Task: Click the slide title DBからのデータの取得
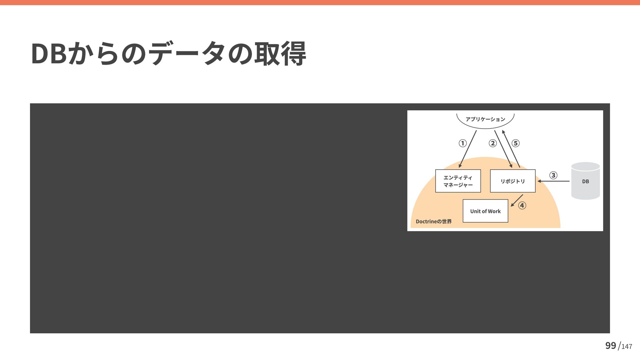[x=168, y=54]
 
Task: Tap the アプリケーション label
[x=485, y=119]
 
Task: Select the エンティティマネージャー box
[x=458, y=181]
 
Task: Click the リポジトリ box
[x=513, y=181]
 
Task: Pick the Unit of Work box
[x=485, y=211]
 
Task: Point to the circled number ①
[x=462, y=143]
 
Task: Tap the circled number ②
[x=492, y=143]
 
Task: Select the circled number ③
[x=553, y=175]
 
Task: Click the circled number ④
[x=522, y=205]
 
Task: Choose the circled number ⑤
[x=516, y=143]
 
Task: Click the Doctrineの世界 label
[x=434, y=222]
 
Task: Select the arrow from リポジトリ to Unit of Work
[x=517, y=201]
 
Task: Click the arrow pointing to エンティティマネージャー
[x=468, y=149]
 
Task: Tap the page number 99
[x=611, y=346]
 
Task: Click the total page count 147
[x=627, y=347]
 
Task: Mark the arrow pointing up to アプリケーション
[x=511, y=149]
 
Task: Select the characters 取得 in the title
[x=280, y=54]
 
